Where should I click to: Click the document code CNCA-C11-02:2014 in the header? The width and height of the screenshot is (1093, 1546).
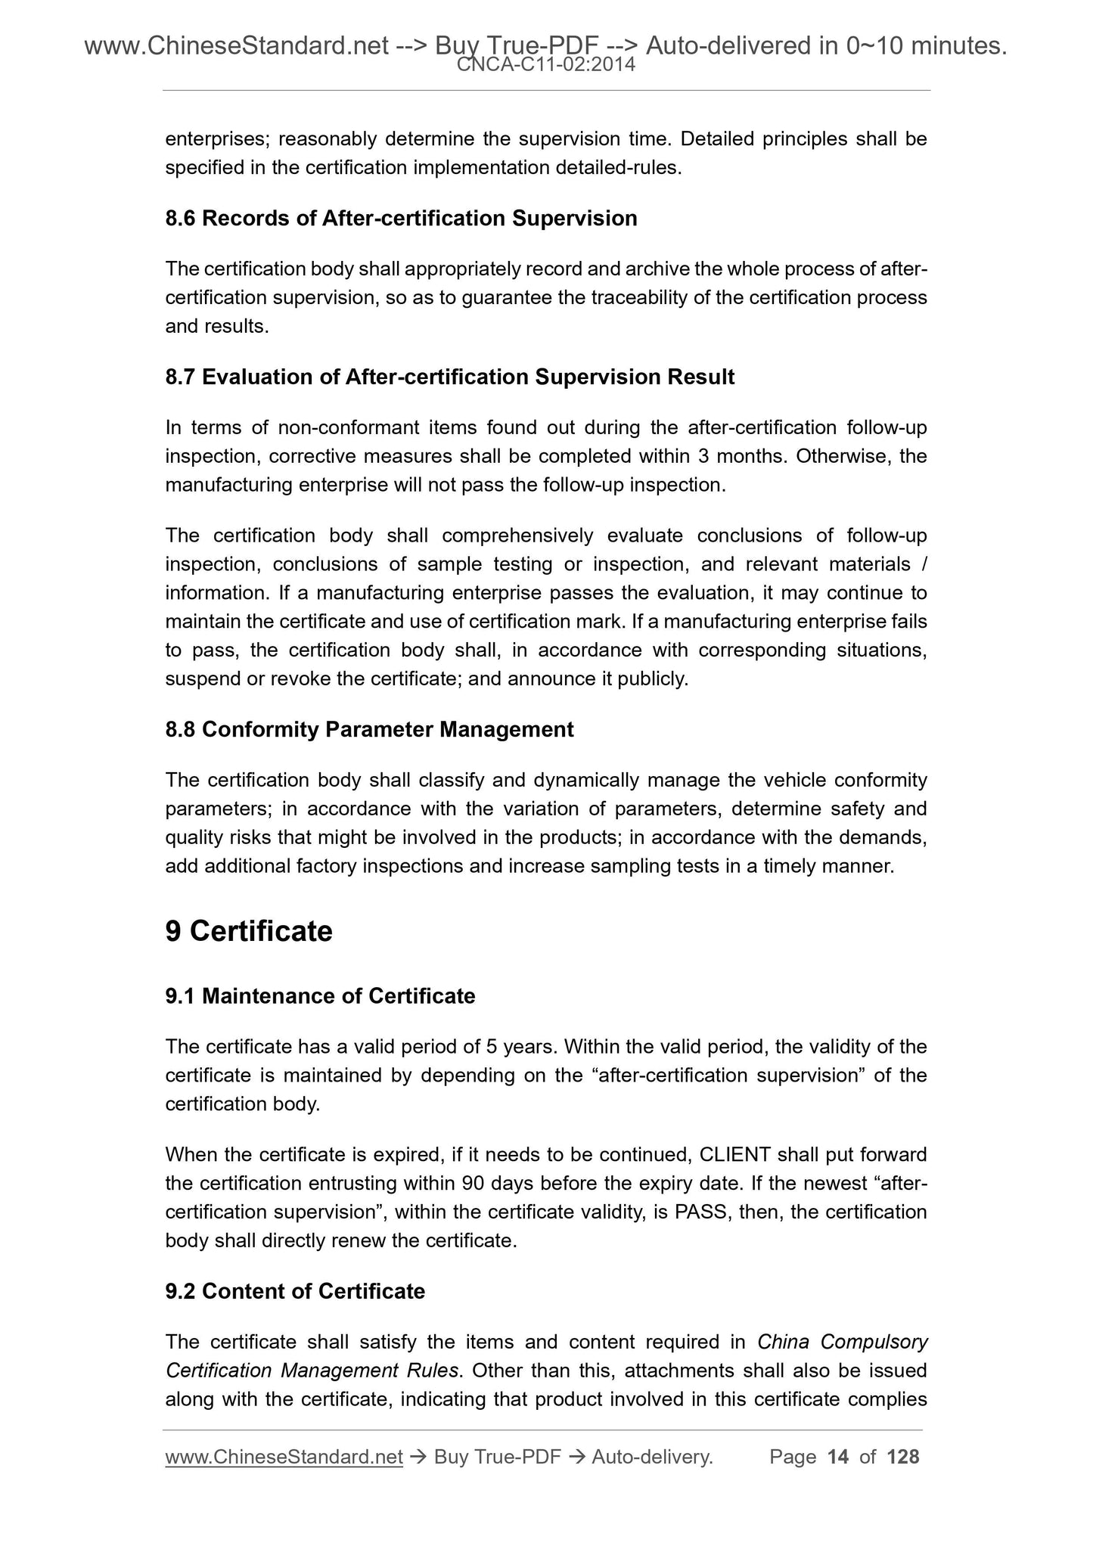tap(545, 66)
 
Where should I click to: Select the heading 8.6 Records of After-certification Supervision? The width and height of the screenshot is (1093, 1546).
tap(401, 219)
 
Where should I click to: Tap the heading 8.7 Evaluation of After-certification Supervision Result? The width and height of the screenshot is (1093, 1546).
tap(449, 377)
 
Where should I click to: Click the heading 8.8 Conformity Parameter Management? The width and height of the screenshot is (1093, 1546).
tap(369, 729)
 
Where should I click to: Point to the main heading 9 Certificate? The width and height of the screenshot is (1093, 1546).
tap(249, 931)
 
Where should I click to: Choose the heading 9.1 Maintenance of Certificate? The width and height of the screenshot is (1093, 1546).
tap(320, 996)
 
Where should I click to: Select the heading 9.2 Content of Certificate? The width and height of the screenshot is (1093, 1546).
tap(295, 1290)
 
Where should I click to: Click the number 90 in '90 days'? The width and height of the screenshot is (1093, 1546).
tap(473, 1183)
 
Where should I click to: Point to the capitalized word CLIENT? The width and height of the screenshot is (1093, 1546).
tap(735, 1154)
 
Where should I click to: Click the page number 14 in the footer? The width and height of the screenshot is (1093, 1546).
tap(838, 1457)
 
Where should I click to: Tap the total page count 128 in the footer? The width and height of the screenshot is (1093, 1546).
tap(902, 1457)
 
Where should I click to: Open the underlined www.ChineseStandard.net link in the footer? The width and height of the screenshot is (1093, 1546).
tap(284, 1457)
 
